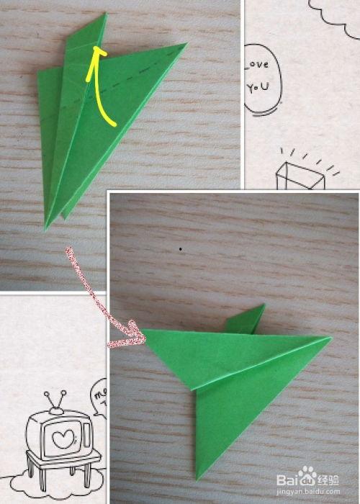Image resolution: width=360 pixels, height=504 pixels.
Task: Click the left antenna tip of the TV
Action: (x=45, y=394)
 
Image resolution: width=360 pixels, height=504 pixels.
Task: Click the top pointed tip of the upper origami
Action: (x=104, y=14)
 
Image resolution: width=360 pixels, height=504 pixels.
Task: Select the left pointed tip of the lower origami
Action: (x=144, y=332)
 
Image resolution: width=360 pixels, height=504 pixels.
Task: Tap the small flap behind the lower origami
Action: (x=248, y=319)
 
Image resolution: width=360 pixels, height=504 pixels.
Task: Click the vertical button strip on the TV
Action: (x=86, y=436)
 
